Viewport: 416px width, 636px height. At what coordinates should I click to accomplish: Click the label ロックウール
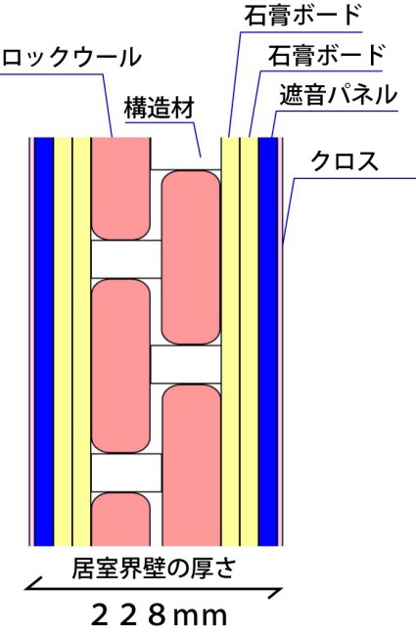point(71,57)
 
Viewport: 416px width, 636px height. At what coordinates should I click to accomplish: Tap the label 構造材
point(160,107)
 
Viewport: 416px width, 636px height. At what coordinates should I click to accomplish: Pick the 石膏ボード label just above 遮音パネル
point(326,55)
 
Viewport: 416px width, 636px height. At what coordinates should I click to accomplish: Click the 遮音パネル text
point(338,95)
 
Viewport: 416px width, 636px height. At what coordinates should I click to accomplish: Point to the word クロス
point(345,160)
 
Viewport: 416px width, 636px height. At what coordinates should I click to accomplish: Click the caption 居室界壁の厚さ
point(154,568)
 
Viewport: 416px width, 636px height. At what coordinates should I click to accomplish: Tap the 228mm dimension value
point(159,615)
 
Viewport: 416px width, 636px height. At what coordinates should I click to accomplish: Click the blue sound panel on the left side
point(44,341)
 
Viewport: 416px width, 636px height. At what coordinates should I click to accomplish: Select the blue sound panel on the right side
point(268,341)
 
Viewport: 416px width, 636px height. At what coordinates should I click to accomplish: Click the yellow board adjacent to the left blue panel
point(63,341)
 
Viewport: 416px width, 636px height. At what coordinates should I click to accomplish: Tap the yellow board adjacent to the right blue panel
point(249,341)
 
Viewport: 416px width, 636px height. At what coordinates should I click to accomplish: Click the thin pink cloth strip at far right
point(280,341)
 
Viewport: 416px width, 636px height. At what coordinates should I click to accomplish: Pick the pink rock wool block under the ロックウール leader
point(121,188)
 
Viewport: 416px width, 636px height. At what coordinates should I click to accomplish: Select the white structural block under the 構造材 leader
point(185,154)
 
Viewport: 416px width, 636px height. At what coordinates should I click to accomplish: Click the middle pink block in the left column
point(121,366)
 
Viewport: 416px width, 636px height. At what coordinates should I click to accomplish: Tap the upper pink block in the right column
point(191,257)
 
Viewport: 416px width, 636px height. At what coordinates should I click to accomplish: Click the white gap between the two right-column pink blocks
point(185,364)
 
